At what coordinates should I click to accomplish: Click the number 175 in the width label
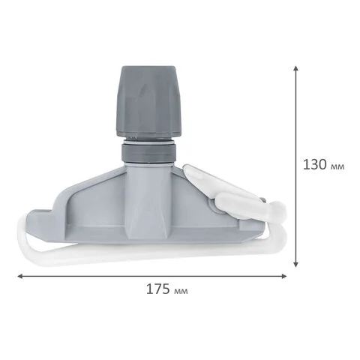click(158, 289)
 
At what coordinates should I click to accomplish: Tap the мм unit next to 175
click(181, 291)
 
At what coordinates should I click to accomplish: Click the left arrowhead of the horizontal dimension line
click(20, 276)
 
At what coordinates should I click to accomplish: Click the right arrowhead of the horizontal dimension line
click(283, 276)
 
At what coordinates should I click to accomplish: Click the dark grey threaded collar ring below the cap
click(148, 153)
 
